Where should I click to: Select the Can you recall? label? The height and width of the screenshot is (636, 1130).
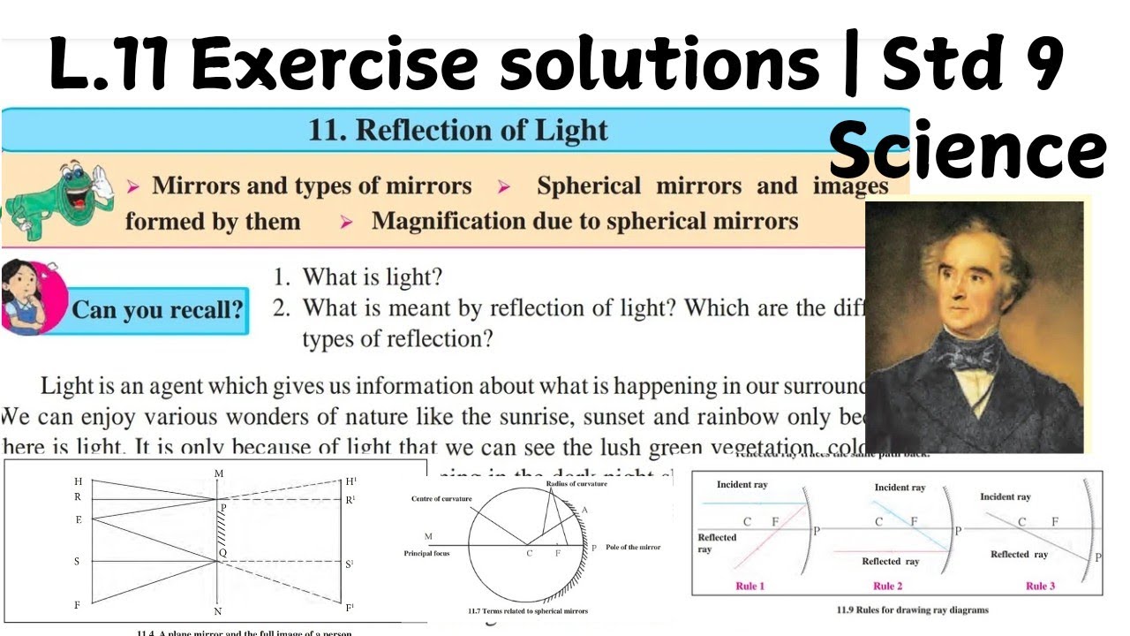157,311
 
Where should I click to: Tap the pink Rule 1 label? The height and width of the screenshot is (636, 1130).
750,586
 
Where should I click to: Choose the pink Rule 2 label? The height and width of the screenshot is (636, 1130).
887,586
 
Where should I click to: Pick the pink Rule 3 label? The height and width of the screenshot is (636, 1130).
1040,586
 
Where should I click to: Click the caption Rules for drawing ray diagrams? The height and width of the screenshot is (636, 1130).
912,609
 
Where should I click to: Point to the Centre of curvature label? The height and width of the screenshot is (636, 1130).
441,499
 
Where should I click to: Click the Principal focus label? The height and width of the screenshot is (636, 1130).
428,553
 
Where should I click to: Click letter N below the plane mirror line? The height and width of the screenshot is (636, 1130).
218,611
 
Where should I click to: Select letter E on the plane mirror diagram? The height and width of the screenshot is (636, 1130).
79,519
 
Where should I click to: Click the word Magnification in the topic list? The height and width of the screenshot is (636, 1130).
450,221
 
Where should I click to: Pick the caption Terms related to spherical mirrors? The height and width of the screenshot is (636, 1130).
528,610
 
